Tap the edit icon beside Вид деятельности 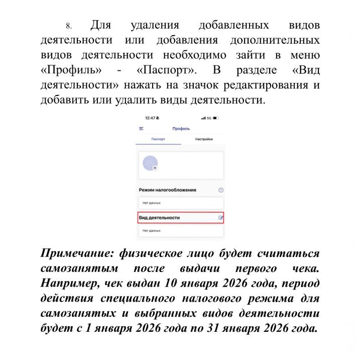pos(220,218)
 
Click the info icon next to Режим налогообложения pos(220,190)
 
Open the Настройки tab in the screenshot pos(204,139)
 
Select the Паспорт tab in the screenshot pos(159,139)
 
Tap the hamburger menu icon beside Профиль pos(142,129)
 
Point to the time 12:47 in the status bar pos(150,118)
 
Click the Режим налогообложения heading pos(167,190)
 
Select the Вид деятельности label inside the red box pos(159,218)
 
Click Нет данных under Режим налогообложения pos(151,203)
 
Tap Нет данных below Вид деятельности pos(151,230)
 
